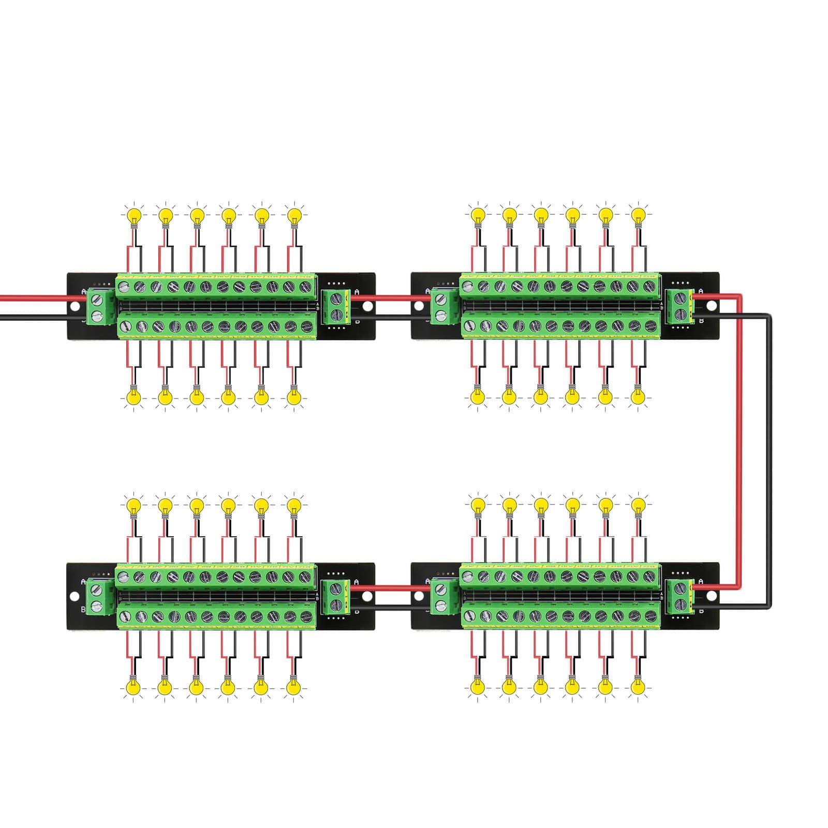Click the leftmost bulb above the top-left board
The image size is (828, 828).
click(134, 214)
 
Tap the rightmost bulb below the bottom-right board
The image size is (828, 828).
click(639, 687)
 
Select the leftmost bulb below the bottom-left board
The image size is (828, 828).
click(134, 687)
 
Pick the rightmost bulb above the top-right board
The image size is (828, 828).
click(639, 214)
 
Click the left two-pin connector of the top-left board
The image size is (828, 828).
click(96, 307)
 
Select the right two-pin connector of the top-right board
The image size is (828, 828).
click(679, 306)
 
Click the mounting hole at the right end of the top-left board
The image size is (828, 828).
click(367, 307)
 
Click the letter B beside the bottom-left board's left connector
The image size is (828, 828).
click(83, 610)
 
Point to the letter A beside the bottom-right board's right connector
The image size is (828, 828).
click(701, 582)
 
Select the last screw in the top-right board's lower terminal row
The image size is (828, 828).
click(650, 327)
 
